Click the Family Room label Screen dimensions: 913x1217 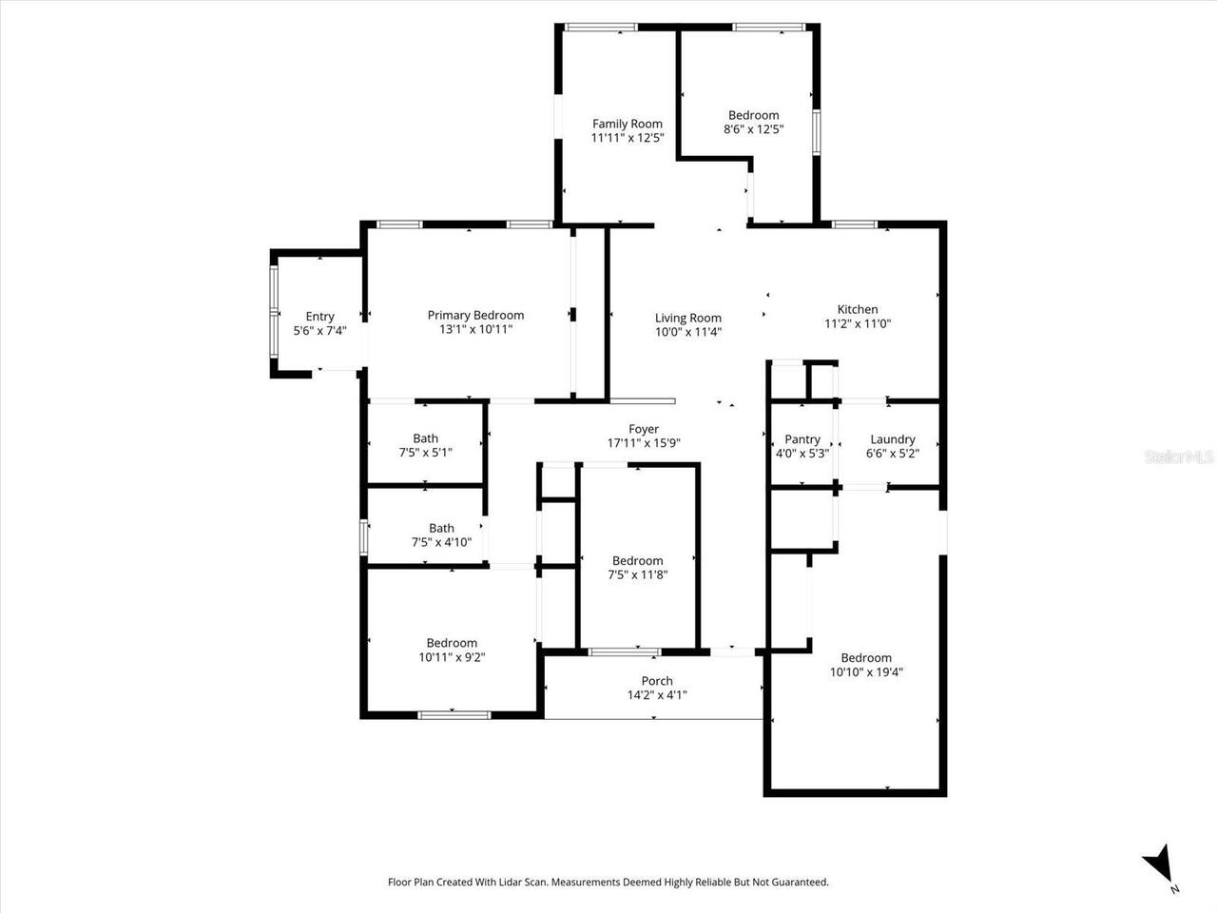[x=627, y=124]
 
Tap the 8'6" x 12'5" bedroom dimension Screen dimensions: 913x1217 [x=753, y=129]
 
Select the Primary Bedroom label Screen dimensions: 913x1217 [x=475, y=316]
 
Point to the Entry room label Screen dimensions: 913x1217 [x=319, y=317]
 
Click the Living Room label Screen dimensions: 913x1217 [x=687, y=319]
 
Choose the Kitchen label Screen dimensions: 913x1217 [x=857, y=309]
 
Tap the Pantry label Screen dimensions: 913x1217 [x=802, y=439]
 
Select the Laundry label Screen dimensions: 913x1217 [x=892, y=439]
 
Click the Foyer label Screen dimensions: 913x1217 [x=644, y=429]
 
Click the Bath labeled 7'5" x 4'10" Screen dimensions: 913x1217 [x=441, y=528]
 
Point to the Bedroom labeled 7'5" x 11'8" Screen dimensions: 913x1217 [x=637, y=561]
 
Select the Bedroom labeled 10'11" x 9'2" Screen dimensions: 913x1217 [x=452, y=643]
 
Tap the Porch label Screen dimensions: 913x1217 [x=657, y=681]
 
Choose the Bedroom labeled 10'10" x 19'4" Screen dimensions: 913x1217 [x=866, y=658]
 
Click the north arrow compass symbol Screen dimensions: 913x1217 [x=1160, y=865]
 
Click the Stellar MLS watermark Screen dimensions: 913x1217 [x=1179, y=457]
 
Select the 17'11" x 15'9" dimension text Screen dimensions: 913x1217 [x=644, y=443]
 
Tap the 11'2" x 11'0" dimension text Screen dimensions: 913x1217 [x=857, y=323]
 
